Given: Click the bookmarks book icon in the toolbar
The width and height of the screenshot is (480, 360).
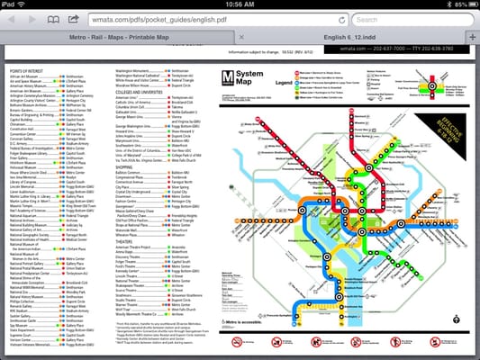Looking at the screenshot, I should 52,18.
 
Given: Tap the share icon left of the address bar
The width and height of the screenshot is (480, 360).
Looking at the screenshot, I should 76,18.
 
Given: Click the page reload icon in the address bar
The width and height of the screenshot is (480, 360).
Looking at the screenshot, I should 341,18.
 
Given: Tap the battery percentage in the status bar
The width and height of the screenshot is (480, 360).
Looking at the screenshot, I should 450,4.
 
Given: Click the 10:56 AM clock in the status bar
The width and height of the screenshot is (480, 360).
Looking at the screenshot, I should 240,4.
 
